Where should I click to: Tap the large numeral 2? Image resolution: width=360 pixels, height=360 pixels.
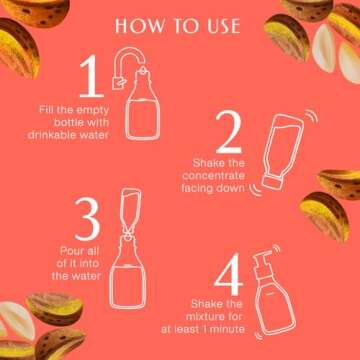click(x=228, y=132)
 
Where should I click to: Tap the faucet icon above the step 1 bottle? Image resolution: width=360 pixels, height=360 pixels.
click(x=123, y=66)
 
